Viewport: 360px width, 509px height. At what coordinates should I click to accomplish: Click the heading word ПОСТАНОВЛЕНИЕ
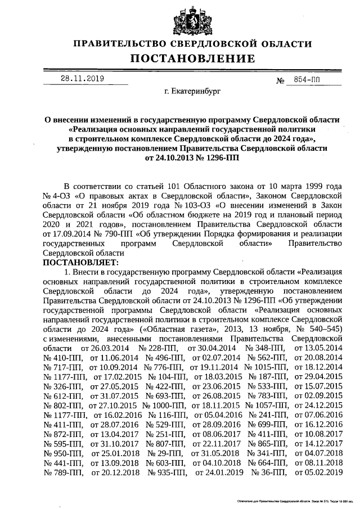[192, 58]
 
